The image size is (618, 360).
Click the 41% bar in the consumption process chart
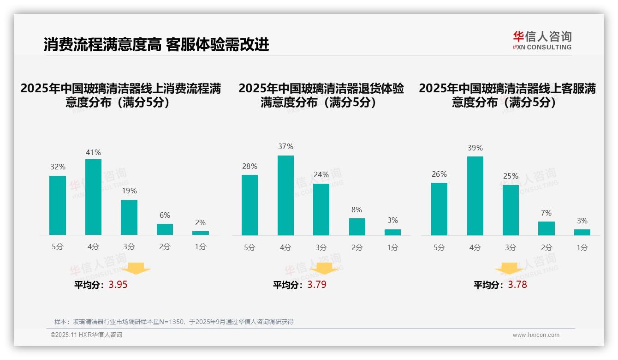tap(93, 197)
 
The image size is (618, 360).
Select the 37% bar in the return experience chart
tap(285, 195)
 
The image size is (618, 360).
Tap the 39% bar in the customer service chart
tap(475, 196)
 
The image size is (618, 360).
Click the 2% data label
tap(200, 222)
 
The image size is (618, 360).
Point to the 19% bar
tap(129, 217)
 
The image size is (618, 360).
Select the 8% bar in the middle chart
tap(357, 227)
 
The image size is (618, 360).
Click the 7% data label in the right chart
tap(547, 213)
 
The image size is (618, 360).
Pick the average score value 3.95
tap(118, 285)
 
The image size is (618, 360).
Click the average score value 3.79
tap(317, 285)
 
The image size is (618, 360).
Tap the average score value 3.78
tap(517, 285)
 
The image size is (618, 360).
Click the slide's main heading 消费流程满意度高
tap(102, 45)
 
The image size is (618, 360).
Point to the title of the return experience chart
tap(321, 95)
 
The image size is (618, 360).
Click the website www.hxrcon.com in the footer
tap(536, 335)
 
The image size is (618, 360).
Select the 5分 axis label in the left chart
tap(58, 247)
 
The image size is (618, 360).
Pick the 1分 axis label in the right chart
tap(582, 247)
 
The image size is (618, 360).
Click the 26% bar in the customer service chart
tap(439, 209)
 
